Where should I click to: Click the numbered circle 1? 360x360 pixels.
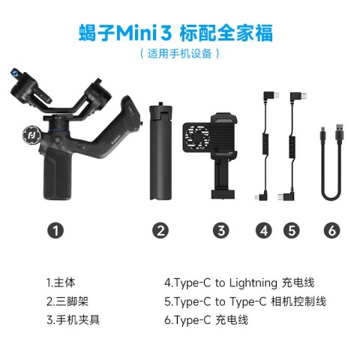pyautogui.click(x=55, y=230)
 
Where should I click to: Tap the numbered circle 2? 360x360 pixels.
pyautogui.click(x=160, y=230)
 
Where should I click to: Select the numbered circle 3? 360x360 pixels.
pyautogui.click(x=221, y=230)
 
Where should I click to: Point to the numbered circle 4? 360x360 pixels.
pyautogui.click(x=264, y=230)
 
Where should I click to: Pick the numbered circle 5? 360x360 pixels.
pyautogui.click(x=292, y=230)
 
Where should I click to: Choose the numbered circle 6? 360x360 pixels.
pyautogui.click(x=331, y=230)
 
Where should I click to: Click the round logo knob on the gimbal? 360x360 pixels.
pyautogui.click(x=31, y=136)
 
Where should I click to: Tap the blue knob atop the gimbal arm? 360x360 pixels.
pyautogui.click(x=15, y=73)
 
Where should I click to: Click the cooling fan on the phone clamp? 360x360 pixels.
pyautogui.click(x=197, y=137)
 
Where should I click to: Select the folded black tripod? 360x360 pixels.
pyautogui.click(x=160, y=151)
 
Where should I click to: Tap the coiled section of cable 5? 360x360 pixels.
pyautogui.click(x=292, y=147)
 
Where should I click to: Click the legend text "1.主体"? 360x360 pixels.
pyautogui.click(x=61, y=283)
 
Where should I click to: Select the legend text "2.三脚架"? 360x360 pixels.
pyautogui.click(x=67, y=301)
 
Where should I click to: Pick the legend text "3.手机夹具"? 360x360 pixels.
pyautogui.click(x=73, y=319)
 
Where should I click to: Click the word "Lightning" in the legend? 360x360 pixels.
pyautogui.click(x=253, y=283)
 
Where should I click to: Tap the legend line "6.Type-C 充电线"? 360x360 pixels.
pyautogui.click(x=206, y=319)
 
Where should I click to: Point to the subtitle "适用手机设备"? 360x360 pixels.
pyautogui.click(x=180, y=53)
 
